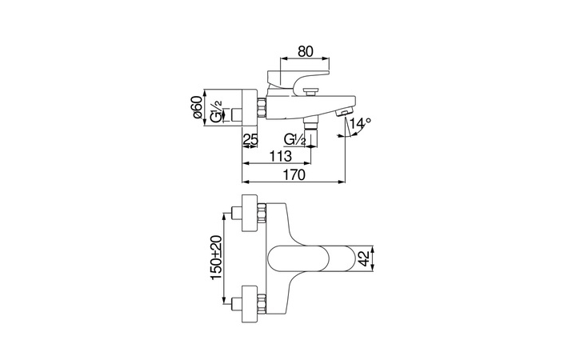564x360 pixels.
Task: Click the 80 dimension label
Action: pos(306,51)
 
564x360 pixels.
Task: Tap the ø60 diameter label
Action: pos(196,107)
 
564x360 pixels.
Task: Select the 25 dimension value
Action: pos(250,139)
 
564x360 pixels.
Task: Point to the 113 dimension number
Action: pos(281,157)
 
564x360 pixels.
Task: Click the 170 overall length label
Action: pos(294,175)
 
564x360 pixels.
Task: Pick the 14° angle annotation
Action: pos(361,123)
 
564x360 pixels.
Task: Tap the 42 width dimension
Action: pos(365,258)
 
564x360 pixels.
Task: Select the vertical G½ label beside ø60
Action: pos(216,112)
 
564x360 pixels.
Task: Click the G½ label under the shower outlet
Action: pos(294,139)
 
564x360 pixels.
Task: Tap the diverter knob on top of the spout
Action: pos(310,91)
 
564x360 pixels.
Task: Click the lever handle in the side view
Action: pos(298,79)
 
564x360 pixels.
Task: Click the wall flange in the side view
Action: pos(249,107)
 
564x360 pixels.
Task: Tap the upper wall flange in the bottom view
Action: pos(250,213)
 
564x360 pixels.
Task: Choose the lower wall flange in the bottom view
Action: pos(250,304)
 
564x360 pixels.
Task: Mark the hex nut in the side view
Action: pos(261,107)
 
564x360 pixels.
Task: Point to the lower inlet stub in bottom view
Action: pos(238,304)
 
